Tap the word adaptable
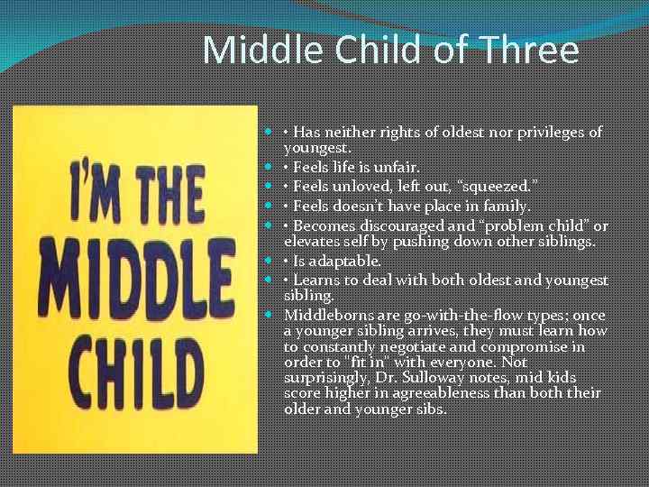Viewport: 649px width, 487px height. (356, 261)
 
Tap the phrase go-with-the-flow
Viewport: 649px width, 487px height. (446, 315)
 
